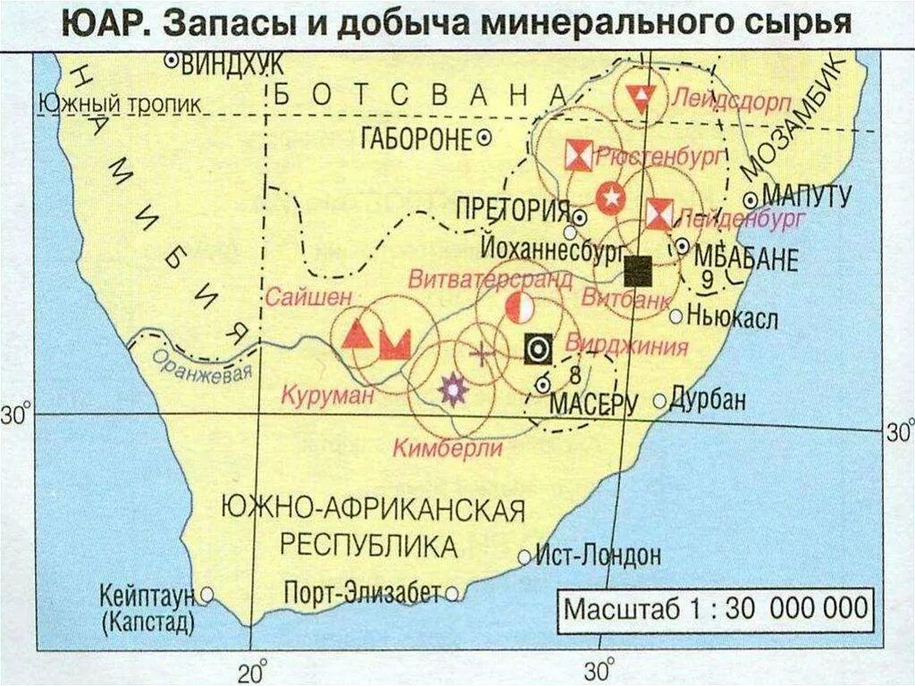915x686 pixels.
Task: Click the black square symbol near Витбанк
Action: tap(638, 269)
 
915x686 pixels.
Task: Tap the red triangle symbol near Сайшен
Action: tap(357, 335)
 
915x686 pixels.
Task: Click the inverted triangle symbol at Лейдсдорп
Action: tap(641, 97)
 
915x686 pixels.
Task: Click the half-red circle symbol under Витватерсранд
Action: tap(519, 307)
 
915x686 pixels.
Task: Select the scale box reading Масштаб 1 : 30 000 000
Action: tap(715, 608)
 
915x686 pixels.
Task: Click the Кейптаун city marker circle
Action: tap(206, 593)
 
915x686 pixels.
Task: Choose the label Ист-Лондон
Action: tap(599, 555)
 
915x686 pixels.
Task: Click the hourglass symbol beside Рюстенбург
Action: tap(578, 156)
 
